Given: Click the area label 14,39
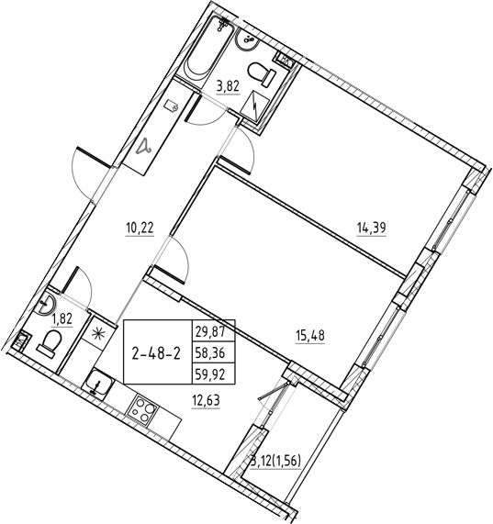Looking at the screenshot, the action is click(x=372, y=229).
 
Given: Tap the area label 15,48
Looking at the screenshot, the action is click(x=310, y=336).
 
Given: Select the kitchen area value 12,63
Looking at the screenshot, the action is click(x=206, y=400).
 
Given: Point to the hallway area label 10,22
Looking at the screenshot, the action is click(x=140, y=229).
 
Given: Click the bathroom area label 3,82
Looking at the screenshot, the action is click(x=229, y=87).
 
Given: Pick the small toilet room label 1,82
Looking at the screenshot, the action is click(x=62, y=319).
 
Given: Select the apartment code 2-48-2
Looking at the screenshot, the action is click(x=156, y=354).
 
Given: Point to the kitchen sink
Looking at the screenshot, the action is click(x=98, y=383).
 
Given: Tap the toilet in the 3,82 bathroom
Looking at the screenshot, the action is click(x=262, y=73).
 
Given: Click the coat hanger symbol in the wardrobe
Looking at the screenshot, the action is click(x=144, y=147).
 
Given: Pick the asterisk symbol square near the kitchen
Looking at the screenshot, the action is click(x=98, y=332).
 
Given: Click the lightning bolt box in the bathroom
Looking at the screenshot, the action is click(x=255, y=107).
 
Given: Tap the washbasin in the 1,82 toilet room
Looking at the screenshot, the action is click(x=45, y=303).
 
